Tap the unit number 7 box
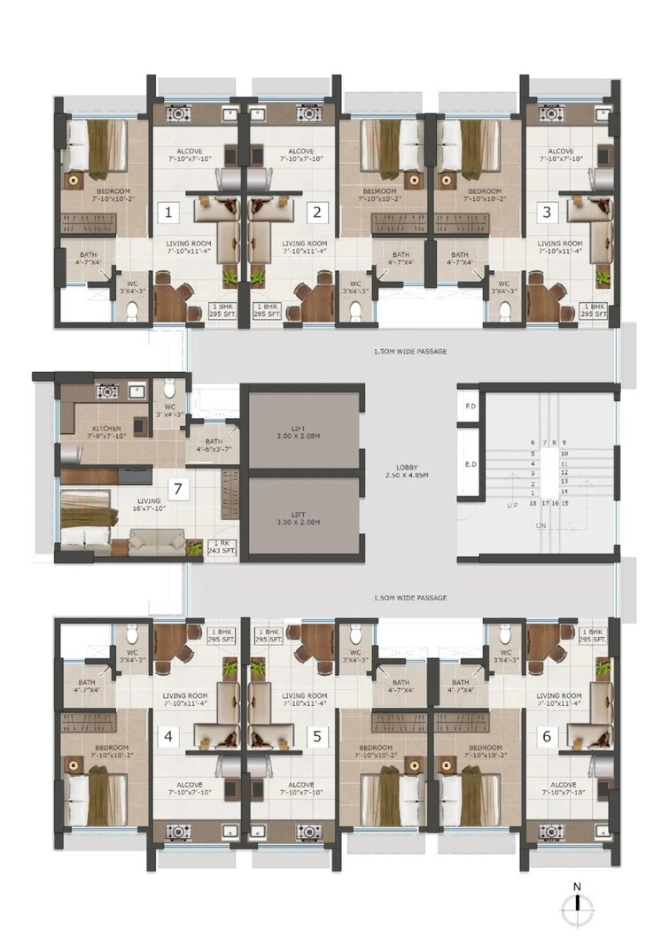179,488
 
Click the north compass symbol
577,907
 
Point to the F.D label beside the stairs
471,407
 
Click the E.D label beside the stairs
471,463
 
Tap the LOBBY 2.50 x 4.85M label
408,470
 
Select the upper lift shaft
302,430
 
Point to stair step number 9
564,442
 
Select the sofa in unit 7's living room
156,541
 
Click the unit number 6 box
547,735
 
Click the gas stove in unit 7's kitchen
107,391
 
